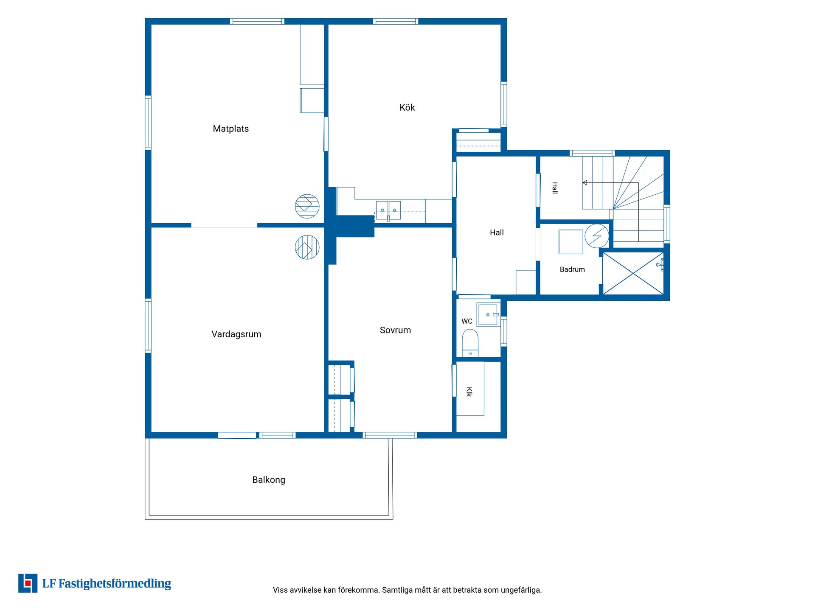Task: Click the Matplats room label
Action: tap(230, 129)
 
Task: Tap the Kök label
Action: tap(407, 107)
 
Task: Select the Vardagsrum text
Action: tap(236, 334)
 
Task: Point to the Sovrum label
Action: tap(395, 330)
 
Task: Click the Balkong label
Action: tap(269, 480)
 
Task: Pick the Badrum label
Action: tap(572, 269)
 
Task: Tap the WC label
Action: tap(467, 321)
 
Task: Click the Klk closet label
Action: tap(469, 392)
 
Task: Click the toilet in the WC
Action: tap(470, 343)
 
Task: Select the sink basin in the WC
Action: tap(488, 315)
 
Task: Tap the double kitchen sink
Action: tap(388, 210)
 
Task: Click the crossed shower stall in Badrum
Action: tap(633, 273)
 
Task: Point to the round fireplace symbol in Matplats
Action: tap(307, 206)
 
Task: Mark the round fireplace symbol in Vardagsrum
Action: tap(307, 247)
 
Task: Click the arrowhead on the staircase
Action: tap(585, 183)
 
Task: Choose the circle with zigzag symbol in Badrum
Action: tap(596, 236)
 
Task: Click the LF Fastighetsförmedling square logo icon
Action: tap(28, 583)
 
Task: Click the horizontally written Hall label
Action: tap(497, 233)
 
